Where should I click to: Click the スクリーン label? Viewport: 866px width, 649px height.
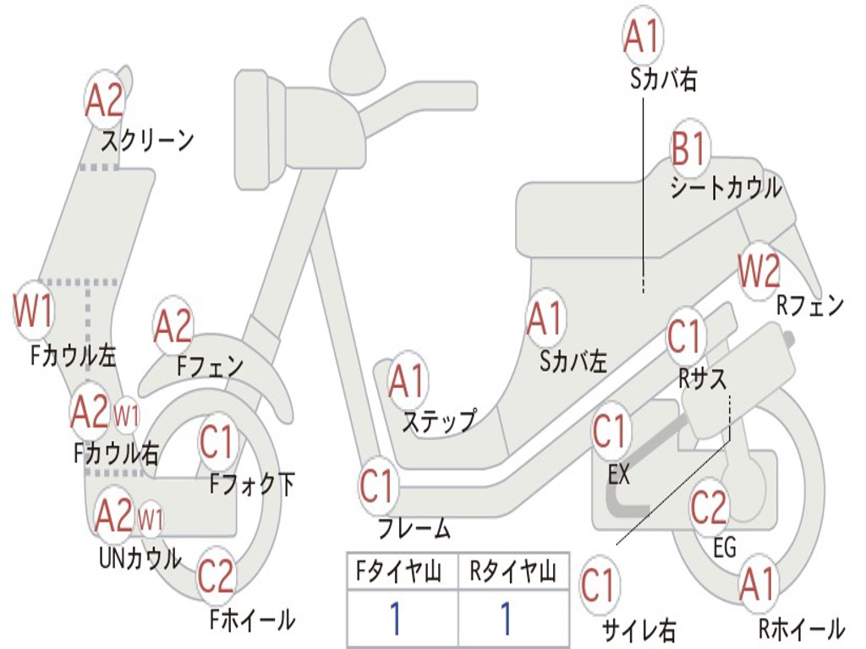147,139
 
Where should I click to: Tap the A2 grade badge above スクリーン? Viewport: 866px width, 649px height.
105,100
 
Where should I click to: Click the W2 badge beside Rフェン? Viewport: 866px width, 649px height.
758,271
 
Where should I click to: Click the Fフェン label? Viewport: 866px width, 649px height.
210,366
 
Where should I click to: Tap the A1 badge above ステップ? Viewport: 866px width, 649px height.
408,382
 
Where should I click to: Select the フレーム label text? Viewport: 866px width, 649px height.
414,530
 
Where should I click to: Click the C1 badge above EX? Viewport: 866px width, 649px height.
611,432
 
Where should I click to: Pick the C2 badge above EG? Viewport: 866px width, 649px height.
709,506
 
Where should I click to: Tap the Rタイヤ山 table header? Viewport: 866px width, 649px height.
512,573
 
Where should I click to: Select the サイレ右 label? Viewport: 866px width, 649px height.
638,629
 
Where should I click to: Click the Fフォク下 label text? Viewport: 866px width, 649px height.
252,484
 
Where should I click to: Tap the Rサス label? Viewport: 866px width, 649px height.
702,379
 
